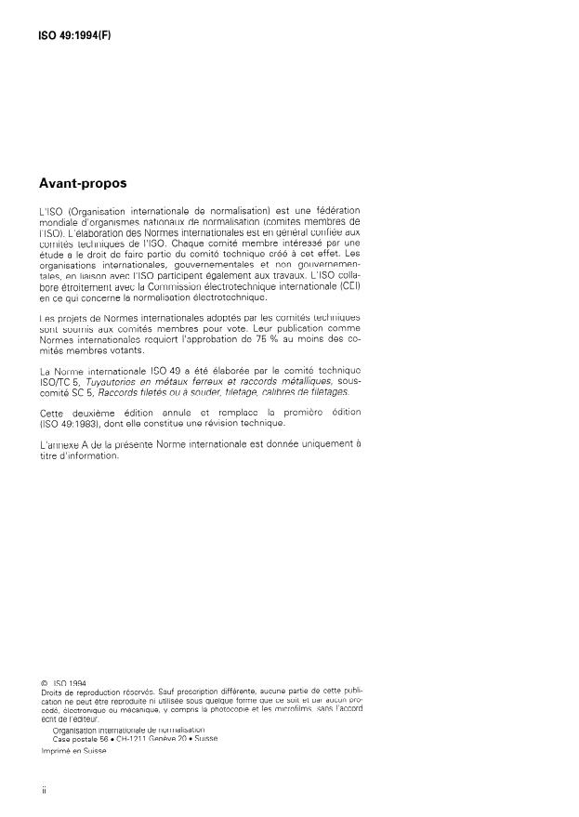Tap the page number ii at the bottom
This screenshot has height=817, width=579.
tap(45, 790)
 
